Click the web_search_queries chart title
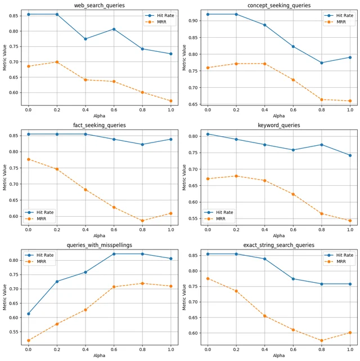click(x=100, y=5)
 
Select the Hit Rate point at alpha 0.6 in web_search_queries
click(x=114, y=29)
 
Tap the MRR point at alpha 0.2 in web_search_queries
click(x=57, y=62)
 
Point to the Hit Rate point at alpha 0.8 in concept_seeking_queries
click(x=322, y=63)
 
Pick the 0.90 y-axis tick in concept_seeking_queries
click(x=193, y=21)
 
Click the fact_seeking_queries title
click(x=100, y=125)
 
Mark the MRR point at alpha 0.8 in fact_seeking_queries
click(x=142, y=221)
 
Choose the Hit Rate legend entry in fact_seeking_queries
click(x=39, y=212)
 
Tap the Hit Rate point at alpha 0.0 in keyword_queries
click(x=208, y=134)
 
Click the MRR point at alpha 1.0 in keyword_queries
click(x=350, y=221)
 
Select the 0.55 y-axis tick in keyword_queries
click(x=193, y=219)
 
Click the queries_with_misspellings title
click(x=100, y=245)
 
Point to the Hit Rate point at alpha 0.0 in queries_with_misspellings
click(x=29, y=314)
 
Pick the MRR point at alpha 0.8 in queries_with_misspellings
click(x=142, y=283)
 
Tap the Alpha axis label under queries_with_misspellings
click(x=100, y=355)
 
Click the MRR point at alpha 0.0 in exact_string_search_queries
click(x=208, y=279)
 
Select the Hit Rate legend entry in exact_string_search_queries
click(x=339, y=255)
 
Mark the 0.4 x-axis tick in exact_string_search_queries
click(x=264, y=350)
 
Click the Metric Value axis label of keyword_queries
click(x=184, y=177)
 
